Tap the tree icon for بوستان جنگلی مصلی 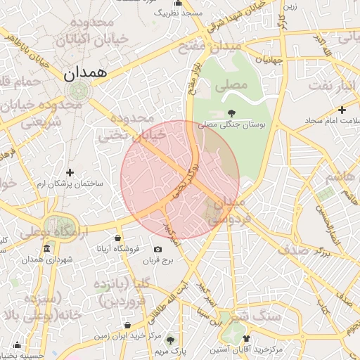click(231, 112)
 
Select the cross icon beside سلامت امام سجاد click(342, 110)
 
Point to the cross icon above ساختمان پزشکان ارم click(70, 172)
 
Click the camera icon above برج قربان click(157, 250)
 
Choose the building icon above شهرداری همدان click(47, 249)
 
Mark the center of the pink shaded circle click(180, 180)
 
